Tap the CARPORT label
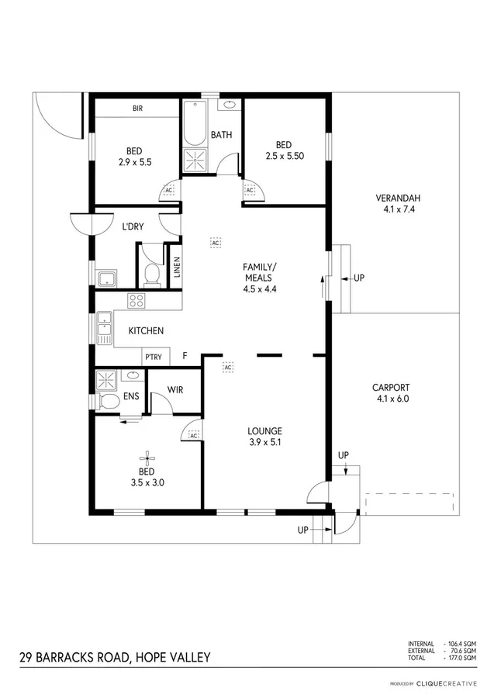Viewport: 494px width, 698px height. tap(390, 388)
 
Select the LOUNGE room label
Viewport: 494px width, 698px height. tap(264, 431)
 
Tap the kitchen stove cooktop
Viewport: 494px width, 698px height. tap(136, 301)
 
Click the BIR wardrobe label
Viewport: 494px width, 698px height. tap(137, 108)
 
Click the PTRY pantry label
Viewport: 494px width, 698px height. tap(153, 357)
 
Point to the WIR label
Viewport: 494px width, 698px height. tap(175, 390)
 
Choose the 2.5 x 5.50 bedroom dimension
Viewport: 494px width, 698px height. tap(284, 155)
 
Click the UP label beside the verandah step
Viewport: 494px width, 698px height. tap(358, 277)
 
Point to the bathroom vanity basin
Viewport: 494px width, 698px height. tap(230, 104)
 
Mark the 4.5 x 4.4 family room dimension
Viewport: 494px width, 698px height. tap(260, 289)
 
